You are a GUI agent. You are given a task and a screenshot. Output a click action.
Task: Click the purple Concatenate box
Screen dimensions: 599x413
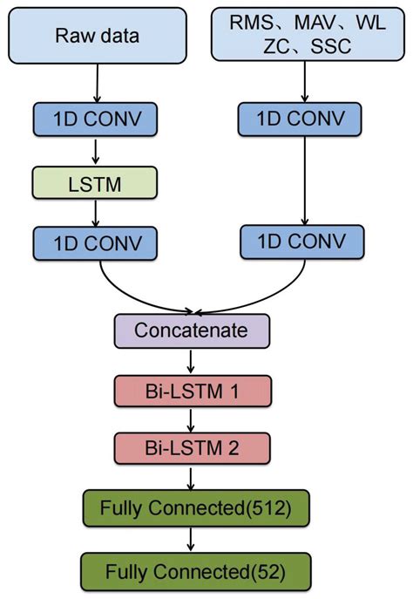193,331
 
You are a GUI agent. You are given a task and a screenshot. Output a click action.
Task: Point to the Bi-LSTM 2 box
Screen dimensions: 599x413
193,448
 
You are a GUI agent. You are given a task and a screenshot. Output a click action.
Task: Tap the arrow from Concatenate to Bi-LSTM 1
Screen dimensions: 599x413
193,360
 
